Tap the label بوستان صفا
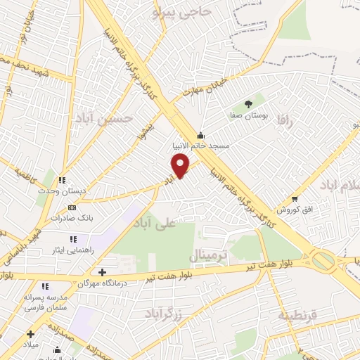[x=247, y=113]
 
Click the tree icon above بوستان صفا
[x=248, y=103]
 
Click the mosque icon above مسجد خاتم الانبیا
[x=201, y=135]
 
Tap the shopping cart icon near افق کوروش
[x=295, y=199]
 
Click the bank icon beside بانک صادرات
[x=72, y=208]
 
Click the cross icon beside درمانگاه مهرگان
[x=103, y=272]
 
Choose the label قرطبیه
[x=298, y=315]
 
